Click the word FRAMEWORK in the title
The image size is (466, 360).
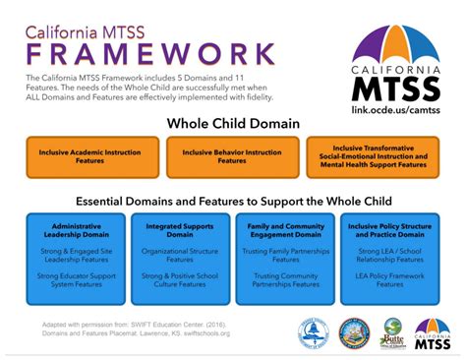[x=150, y=52]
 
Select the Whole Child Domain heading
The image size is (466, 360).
[x=233, y=125]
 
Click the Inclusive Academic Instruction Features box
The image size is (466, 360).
[x=92, y=157]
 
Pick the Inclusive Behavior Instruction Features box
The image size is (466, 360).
[x=232, y=157]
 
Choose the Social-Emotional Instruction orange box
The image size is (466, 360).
[x=373, y=157]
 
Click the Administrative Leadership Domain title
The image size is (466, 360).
[x=75, y=231]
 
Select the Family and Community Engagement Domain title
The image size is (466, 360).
[x=284, y=231]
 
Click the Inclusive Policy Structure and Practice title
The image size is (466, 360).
[x=390, y=231]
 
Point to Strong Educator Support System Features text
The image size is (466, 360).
[x=75, y=282]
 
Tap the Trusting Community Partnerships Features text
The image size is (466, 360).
[x=284, y=282]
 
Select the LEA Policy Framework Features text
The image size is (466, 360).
[x=390, y=282]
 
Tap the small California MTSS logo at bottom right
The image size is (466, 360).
[x=432, y=333]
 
